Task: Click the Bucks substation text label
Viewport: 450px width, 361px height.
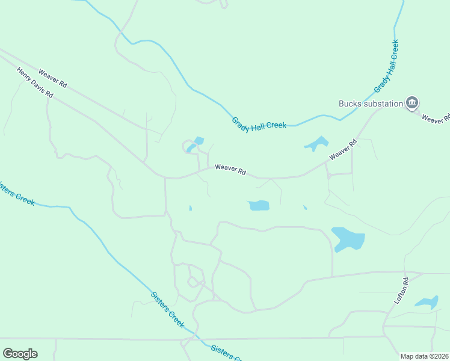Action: click(x=371, y=103)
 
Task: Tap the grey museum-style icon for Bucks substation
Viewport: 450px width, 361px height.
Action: click(x=412, y=103)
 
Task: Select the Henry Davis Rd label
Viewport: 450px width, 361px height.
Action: click(x=35, y=83)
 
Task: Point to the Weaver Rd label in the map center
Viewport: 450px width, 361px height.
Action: click(x=230, y=170)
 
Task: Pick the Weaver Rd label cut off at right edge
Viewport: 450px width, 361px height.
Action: click(x=437, y=117)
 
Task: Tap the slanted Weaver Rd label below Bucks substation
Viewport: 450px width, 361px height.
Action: click(x=343, y=150)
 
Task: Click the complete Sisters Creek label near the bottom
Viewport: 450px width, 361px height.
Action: click(x=167, y=309)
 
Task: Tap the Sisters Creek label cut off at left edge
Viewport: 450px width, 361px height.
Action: click(x=17, y=193)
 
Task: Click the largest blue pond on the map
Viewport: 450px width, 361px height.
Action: click(x=348, y=239)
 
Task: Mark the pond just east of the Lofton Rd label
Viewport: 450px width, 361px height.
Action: click(x=427, y=303)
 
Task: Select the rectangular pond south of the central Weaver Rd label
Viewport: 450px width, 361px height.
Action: click(x=259, y=205)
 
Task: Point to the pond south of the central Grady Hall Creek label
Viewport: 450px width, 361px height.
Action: click(x=316, y=144)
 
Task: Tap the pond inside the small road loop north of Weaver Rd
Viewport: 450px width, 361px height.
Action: click(x=194, y=144)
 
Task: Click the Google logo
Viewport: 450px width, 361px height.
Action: click(x=20, y=354)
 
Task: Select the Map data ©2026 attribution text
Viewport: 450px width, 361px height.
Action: click(x=425, y=356)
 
